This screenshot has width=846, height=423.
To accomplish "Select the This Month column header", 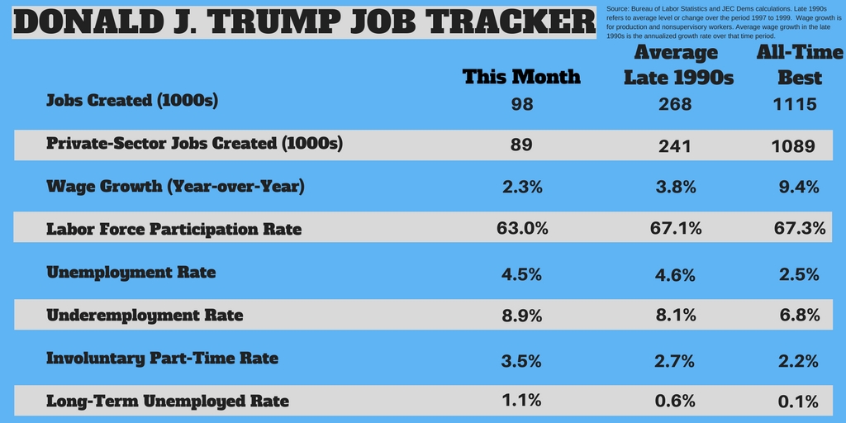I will pos(521,77).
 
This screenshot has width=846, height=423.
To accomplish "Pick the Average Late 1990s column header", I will pos(677,65).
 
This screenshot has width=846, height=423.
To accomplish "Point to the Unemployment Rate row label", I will pos(131,272).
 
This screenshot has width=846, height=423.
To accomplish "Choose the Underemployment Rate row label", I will pos(145,315).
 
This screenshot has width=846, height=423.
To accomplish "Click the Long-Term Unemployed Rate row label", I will pos(168,402).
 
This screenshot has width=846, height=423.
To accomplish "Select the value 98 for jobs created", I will pos(522,104).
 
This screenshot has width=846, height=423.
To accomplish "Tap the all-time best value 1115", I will pos(796,104).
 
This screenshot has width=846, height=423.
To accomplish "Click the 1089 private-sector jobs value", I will pos(794,146).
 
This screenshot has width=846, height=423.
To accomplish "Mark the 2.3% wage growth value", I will pos(522,187).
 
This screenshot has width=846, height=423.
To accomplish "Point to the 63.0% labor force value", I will pos(522,229).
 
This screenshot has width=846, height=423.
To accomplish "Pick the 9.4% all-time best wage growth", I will pos(799,187).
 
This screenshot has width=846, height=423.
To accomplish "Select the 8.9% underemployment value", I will pos(522,316).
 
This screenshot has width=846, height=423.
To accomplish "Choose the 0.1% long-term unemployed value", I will pos(799,402).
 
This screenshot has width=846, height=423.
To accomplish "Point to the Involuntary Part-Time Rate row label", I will pos(162,358).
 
